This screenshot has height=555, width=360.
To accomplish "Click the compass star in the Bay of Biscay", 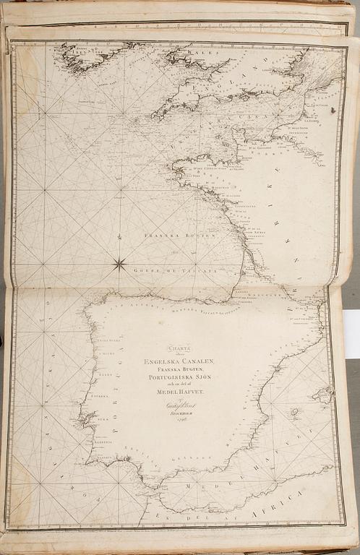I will coord(120,264).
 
